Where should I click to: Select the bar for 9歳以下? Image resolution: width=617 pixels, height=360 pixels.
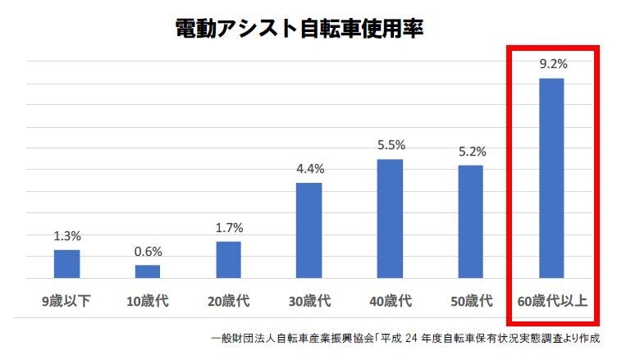point(67,264)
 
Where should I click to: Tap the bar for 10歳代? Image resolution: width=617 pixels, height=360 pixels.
point(148,271)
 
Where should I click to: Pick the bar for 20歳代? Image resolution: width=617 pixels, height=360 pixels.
point(229,260)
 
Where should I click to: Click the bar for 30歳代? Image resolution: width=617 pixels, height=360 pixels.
point(309,230)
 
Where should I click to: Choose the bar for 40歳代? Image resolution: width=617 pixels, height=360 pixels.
point(391,219)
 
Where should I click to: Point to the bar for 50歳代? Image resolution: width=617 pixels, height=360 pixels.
point(471,222)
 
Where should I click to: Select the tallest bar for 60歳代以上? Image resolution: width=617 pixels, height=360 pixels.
point(551,179)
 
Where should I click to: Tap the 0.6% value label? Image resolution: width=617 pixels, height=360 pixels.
point(148,252)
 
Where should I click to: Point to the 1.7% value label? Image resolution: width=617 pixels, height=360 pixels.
point(229,229)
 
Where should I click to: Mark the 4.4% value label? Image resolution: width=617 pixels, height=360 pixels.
point(309,169)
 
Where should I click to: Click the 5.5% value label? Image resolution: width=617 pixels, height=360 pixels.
point(391,145)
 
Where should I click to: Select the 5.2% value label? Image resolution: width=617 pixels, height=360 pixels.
point(471,152)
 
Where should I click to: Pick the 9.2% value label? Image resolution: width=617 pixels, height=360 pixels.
point(551,64)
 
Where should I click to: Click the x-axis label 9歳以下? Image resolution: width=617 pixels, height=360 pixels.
point(67,301)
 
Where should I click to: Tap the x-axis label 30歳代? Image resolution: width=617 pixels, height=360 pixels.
point(309,301)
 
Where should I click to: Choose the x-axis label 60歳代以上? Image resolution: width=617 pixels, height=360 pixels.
point(551,301)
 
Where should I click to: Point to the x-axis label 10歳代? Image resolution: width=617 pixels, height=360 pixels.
point(148,301)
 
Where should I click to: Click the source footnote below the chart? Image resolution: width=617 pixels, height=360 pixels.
point(405,338)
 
